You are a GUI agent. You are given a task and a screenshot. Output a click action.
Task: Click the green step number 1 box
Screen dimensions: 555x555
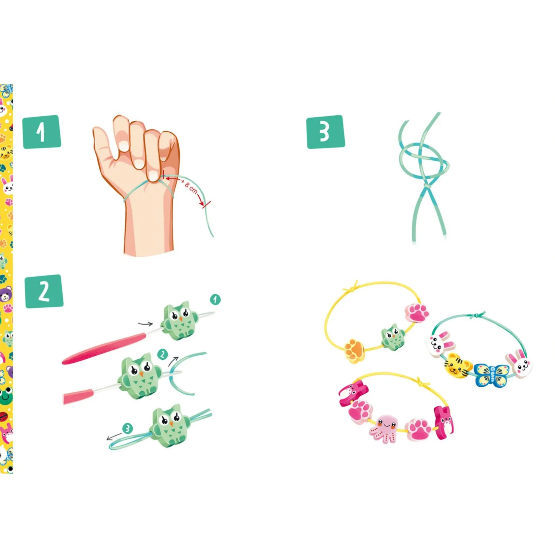click(x=42, y=132)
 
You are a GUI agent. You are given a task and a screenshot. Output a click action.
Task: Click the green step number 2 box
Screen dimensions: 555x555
click(x=44, y=291)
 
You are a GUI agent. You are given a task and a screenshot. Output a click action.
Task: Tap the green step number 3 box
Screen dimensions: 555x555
click(x=326, y=132)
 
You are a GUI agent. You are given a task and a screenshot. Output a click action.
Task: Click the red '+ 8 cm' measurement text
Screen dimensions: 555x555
click(x=189, y=186)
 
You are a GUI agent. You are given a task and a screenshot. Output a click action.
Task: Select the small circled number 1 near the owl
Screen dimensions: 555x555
click(x=215, y=299)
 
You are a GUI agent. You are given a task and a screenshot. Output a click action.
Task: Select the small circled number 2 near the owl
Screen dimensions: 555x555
click(x=163, y=354)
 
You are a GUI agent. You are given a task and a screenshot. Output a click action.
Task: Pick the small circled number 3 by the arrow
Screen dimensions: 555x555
click(x=127, y=429)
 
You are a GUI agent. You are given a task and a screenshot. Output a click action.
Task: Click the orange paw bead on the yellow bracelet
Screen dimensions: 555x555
click(x=355, y=351)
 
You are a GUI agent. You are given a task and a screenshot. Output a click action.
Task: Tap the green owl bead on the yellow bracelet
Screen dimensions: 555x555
click(x=393, y=337)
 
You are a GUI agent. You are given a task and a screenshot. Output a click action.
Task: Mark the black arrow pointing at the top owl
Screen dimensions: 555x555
click(x=145, y=324)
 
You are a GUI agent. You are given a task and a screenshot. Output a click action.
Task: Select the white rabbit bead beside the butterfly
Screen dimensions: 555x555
click(x=519, y=363)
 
